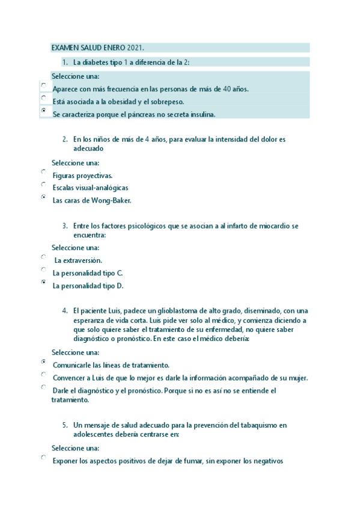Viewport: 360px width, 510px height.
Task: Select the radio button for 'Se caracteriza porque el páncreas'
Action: coord(44,111)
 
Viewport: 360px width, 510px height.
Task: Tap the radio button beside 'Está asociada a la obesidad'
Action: coord(44,98)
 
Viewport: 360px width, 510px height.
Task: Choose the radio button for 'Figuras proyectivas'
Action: coord(44,172)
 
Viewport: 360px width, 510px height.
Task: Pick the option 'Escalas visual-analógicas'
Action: coord(44,185)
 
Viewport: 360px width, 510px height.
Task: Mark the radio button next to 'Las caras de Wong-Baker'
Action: coord(44,197)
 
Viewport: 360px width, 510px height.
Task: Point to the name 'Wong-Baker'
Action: coord(111,200)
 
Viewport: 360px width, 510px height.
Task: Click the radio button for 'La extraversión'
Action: coord(44,257)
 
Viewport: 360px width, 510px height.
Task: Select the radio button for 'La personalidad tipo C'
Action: coord(44,269)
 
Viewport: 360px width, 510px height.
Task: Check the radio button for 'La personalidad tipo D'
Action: coord(44,282)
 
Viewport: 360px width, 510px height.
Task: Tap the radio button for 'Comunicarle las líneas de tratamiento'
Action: coord(44,362)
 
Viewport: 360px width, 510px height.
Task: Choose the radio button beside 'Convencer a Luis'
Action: coord(44,375)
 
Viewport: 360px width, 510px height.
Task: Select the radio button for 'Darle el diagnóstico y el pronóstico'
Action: coord(44,387)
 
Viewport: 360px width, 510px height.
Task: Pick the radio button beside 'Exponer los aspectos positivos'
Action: coord(44,458)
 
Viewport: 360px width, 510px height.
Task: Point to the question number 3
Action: coord(64,226)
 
